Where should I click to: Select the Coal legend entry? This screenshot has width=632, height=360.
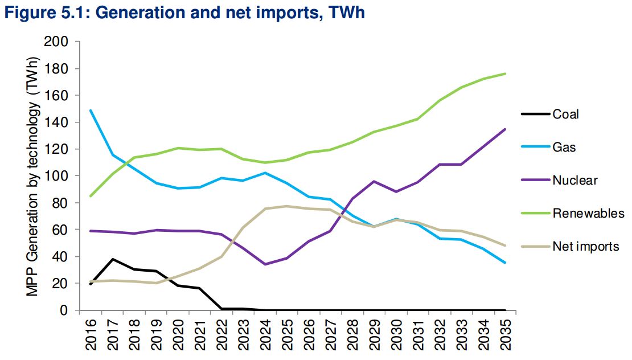click(565, 114)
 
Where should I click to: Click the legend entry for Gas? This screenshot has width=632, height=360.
click(564, 148)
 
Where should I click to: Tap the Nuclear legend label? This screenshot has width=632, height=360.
click(574, 181)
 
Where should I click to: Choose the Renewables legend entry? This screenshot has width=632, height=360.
click(588, 214)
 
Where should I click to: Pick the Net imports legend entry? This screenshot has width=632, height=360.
click(585, 247)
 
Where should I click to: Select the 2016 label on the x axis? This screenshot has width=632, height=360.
click(91, 336)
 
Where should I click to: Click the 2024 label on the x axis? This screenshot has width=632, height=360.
click(265, 336)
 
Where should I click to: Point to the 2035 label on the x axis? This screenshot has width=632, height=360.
click(504, 336)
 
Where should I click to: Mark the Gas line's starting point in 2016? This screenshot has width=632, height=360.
click(91, 111)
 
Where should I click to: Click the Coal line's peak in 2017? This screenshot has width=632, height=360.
click(113, 259)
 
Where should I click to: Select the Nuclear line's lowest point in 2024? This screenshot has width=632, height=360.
click(265, 264)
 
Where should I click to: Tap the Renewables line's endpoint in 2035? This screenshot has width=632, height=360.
click(504, 73)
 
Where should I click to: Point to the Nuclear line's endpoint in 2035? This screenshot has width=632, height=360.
click(504, 129)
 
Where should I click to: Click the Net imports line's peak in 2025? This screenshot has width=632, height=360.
click(287, 206)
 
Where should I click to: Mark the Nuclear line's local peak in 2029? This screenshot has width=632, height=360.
click(374, 181)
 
